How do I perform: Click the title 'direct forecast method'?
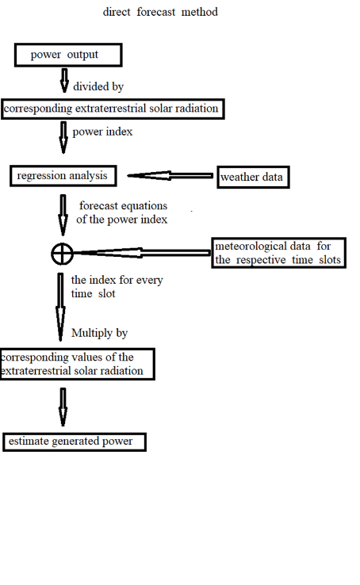pyautogui.click(x=160, y=12)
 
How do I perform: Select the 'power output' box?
pyautogui.click(x=68, y=55)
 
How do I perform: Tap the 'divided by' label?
pyautogui.click(x=98, y=86)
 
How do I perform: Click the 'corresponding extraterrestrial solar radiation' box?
pyautogui.click(x=113, y=109)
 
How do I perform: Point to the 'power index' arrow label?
pyautogui.click(x=102, y=132)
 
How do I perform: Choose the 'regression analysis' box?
pyautogui.click(x=63, y=176)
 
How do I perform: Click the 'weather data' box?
pyautogui.click(x=253, y=177)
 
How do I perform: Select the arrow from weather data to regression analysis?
pyautogui.click(x=170, y=175)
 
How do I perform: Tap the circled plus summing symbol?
pyautogui.click(x=62, y=254)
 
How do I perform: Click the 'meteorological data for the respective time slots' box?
pyautogui.click(x=278, y=253)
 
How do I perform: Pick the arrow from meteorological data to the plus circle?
pyautogui.click(x=142, y=253)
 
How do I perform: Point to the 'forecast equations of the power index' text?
pyautogui.click(x=122, y=212)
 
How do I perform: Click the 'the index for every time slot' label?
pyautogui.click(x=117, y=286)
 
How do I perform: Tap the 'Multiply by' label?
pyautogui.click(x=100, y=333)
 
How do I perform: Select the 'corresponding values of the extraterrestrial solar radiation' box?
pyautogui.click(x=78, y=364)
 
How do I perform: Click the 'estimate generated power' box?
pyautogui.click(x=75, y=442)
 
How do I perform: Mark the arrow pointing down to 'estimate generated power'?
pyautogui.click(x=63, y=407)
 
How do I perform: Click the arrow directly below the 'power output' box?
pyautogui.click(x=64, y=80)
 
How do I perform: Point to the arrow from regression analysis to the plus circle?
pyautogui.click(x=63, y=216)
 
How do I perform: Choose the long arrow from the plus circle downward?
pyautogui.click(x=60, y=307)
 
